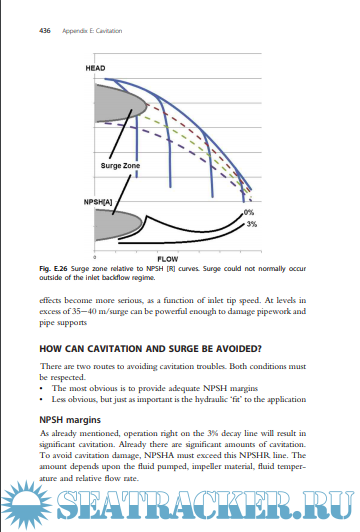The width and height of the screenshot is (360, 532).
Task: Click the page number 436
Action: (45, 31)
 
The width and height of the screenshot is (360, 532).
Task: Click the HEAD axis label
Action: (95, 68)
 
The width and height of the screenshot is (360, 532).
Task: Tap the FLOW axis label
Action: (168, 259)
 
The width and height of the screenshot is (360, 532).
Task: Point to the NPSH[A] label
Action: (98, 202)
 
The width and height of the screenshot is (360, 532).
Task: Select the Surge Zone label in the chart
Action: (120, 166)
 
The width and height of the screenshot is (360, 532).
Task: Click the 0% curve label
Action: (249, 212)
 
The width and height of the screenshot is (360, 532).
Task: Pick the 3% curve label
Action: (251, 224)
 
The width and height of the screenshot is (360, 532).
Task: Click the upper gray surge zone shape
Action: (120, 103)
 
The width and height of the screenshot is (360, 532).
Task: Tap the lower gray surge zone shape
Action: (118, 225)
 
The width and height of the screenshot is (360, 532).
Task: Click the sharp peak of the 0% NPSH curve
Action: (147, 216)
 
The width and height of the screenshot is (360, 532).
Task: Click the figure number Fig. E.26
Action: (53, 269)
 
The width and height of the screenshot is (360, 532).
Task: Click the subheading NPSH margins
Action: (70, 420)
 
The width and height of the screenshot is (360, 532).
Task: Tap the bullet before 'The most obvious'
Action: (41, 388)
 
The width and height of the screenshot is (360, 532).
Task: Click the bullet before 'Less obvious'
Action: (41, 400)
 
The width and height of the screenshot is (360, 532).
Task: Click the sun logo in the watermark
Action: (26, 505)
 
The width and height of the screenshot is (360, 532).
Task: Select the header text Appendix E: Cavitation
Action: (92, 31)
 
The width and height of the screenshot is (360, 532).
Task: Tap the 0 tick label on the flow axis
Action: (95, 258)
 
